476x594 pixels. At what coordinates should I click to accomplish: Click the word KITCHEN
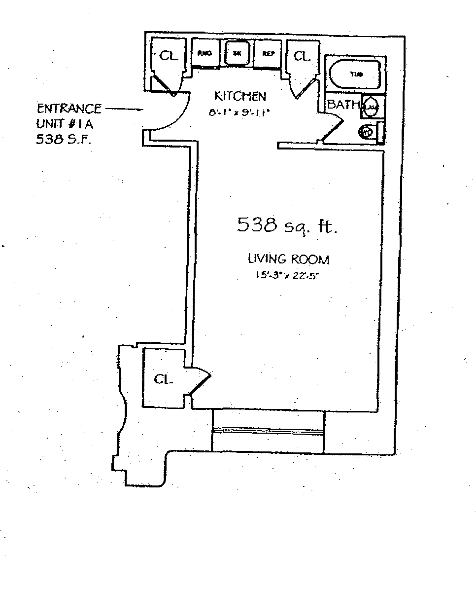(x=240, y=96)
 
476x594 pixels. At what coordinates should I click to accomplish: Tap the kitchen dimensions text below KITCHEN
(x=240, y=112)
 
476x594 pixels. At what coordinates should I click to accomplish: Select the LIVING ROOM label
(x=288, y=259)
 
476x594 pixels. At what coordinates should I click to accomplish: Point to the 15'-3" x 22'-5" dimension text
(x=288, y=276)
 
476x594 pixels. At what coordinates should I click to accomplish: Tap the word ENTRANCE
(x=69, y=109)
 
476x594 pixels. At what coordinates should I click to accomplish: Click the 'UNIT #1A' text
(x=65, y=124)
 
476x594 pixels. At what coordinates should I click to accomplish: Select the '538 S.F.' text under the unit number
(x=64, y=140)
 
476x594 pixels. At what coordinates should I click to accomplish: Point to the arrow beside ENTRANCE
(x=125, y=109)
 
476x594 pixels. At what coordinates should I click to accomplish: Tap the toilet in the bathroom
(x=367, y=132)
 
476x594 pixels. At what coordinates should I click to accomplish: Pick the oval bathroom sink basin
(x=371, y=106)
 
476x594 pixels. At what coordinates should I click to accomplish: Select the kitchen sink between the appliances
(x=237, y=53)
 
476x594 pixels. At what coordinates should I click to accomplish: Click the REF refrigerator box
(x=268, y=53)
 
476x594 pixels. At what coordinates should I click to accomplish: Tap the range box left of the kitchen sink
(x=205, y=53)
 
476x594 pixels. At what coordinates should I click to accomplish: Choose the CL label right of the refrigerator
(x=302, y=56)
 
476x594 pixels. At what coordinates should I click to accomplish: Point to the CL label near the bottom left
(x=164, y=379)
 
